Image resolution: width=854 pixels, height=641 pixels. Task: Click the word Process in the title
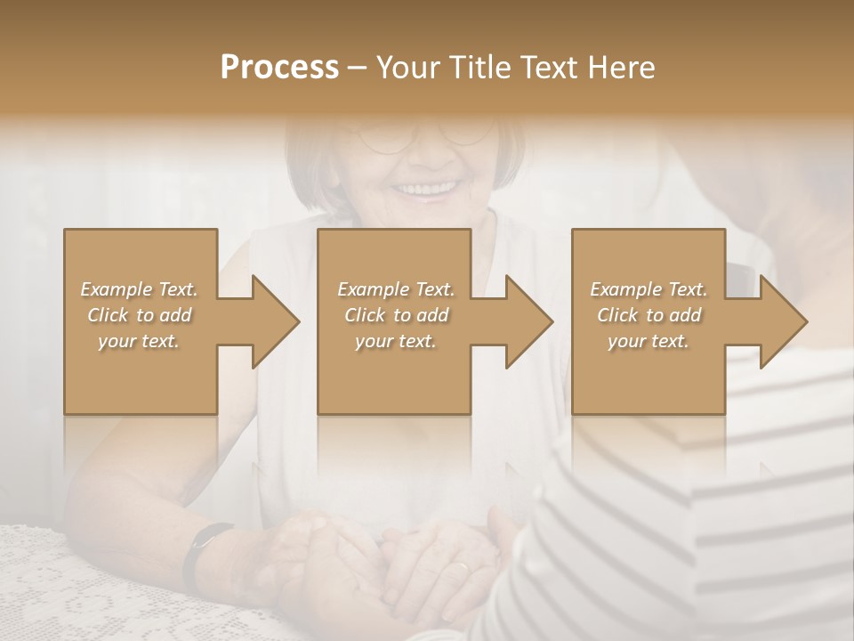[279, 68]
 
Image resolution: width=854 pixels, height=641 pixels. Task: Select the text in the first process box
[140, 315]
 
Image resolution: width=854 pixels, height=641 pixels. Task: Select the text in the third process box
[649, 315]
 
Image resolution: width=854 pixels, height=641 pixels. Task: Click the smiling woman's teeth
[426, 189]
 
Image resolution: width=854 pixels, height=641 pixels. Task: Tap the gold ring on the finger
[460, 567]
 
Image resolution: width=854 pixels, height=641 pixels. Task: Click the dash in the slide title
[357, 68]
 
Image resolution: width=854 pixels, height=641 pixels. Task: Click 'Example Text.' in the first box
[140, 289]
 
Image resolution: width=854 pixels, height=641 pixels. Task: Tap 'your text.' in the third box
[649, 341]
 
